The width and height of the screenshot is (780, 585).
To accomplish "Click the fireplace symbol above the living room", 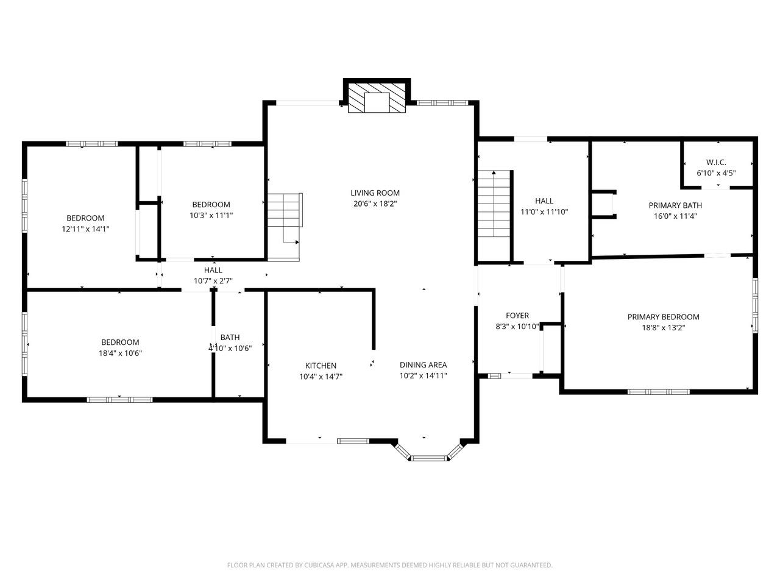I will (x=377, y=97).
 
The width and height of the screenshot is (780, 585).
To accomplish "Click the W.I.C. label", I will (x=716, y=162).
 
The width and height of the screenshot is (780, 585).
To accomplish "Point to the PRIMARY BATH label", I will (x=675, y=205).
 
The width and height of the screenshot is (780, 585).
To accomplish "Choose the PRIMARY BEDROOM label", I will (x=663, y=317).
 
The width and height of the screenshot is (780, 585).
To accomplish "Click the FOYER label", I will (x=517, y=316).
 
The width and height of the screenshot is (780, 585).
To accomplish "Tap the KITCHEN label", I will (x=321, y=366).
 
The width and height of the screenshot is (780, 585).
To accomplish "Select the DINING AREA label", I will (x=423, y=365).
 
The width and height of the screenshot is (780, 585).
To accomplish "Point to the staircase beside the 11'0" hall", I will (x=494, y=204).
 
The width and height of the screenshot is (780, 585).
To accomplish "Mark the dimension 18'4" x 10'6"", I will (x=120, y=353).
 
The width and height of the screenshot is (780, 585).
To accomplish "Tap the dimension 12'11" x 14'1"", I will (x=85, y=229).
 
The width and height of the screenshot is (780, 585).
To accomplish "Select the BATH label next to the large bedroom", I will (x=230, y=338).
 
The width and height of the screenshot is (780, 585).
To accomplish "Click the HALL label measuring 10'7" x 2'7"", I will (x=213, y=270).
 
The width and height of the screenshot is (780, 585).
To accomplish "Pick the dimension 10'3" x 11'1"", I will (x=211, y=215).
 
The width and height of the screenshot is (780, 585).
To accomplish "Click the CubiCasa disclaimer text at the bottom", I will (x=389, y=565).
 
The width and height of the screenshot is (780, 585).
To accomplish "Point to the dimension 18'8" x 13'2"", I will (x=663, y=328).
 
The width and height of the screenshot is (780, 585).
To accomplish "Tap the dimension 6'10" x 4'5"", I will (x=716, y=173).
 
